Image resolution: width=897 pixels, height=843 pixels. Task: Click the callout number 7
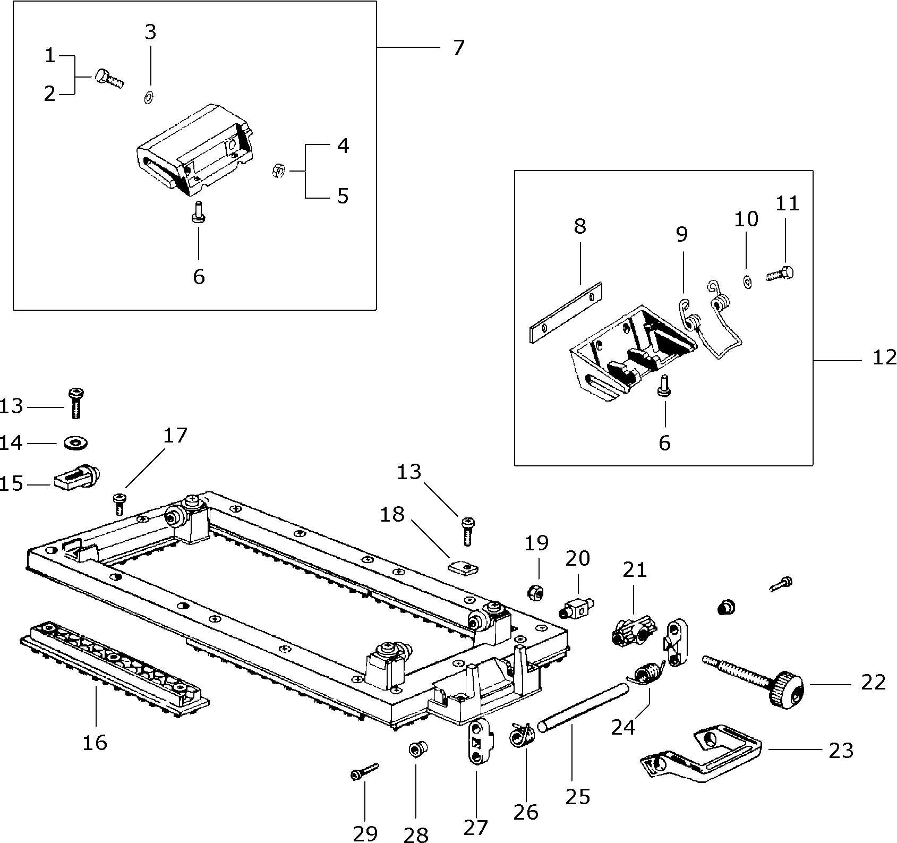click(x=458, y=48)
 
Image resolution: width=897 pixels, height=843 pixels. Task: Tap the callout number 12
click(x=884, y=357)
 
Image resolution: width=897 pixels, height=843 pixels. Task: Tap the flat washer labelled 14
click(x=76, y=442)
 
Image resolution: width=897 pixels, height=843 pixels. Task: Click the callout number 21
click(x=635, y=570)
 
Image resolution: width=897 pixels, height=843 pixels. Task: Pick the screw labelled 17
click(x=119, y=503)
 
